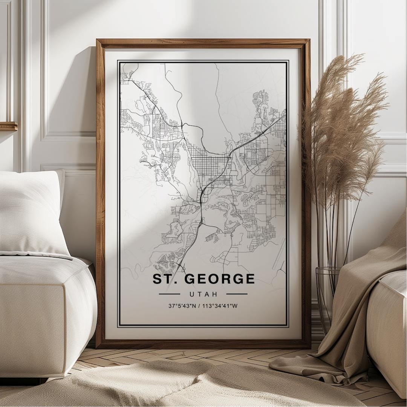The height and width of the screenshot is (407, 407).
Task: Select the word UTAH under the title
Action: click(203, 294)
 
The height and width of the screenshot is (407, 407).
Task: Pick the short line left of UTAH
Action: click(169, 294)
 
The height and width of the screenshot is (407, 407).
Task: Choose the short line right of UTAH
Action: click(237, 294)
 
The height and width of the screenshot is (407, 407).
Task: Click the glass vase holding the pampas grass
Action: click(326, 294)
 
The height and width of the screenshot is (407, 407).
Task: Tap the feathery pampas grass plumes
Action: click(339, 124)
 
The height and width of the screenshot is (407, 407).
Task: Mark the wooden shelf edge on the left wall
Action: click(8, 126)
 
